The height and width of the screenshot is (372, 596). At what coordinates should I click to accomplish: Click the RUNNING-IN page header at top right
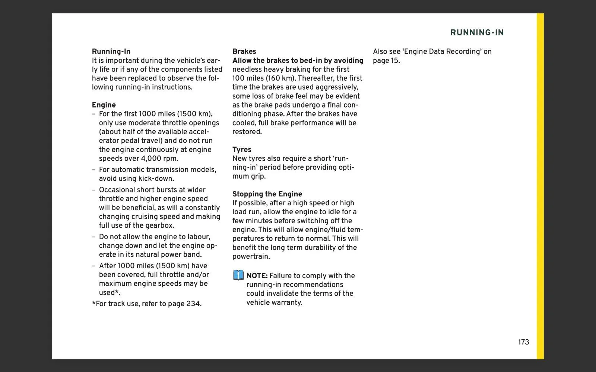(477, 33)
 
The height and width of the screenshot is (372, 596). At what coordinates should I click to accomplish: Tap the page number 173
(523, 342)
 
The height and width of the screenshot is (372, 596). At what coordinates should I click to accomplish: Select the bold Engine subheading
(104, 105)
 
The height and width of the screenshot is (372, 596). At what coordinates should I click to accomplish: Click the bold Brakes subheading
(244, 51)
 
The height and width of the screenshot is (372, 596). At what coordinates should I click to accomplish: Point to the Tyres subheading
(242, 150)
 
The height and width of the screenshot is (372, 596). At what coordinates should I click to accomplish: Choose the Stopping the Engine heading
(267, 194)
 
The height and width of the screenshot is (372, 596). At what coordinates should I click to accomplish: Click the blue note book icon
(238, 275)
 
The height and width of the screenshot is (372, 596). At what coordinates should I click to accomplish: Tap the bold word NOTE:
(257, 276)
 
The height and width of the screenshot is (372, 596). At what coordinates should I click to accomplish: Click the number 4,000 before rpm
(151, 158)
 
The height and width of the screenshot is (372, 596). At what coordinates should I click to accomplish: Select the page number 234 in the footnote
(193, 304)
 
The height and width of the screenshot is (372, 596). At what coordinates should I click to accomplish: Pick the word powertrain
(251, 256)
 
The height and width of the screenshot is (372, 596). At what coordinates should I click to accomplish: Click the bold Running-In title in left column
(111, 51)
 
